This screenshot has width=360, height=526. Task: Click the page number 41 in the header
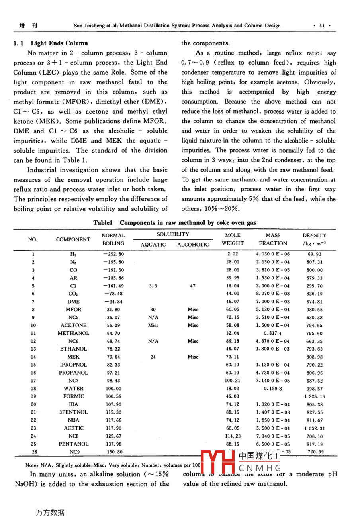click(322, 26)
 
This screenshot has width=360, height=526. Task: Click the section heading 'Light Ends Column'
click(59, 43)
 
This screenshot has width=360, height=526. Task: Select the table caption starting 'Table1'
click(174, 222)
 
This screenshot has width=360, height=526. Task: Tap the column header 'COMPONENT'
click(73, 239)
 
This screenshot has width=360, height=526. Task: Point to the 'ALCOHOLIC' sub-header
click(193, 245)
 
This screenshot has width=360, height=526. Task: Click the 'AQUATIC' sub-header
click(153, 245)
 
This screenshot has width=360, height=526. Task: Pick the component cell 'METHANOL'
click(73, 333)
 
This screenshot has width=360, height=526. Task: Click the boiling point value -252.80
click(113, 254)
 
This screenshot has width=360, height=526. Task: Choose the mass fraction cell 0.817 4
click(273, 333)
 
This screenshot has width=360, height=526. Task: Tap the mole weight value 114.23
click(233, 436)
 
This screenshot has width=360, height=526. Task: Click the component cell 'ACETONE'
click(73, 325)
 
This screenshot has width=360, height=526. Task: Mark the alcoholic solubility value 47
click(193, 286)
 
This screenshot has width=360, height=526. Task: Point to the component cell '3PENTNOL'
click(73, 412)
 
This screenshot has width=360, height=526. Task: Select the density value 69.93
click(315, 254)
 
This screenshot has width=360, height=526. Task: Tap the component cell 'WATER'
click(73, 389)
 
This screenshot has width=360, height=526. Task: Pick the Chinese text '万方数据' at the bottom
click(50, 512)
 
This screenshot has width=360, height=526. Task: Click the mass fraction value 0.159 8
click(273, 389)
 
